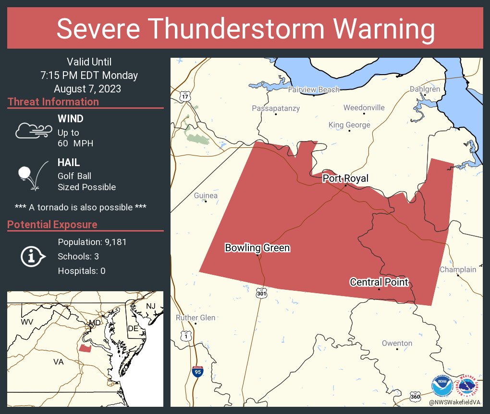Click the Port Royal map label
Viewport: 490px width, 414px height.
click(x=345, y=179)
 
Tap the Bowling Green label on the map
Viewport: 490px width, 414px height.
click(x=257, y=248)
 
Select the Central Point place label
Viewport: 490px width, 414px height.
click(x=379, y=282)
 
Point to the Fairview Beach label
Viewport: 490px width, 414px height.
click(x=313, y=90)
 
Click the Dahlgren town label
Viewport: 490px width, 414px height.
click(x=425, y=89)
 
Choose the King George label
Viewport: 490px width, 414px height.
click(x=349, y=125)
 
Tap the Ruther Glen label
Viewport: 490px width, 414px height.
click(x=196, y=318)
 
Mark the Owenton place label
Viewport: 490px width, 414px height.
click(x=397, y=343)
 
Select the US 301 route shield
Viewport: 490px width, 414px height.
click(x=261, y=293)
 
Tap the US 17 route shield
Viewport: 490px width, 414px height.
click(x=185, y=96)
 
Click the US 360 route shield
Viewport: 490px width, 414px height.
click(x=416, y=396)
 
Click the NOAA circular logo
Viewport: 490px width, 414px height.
click(x=441, y=386)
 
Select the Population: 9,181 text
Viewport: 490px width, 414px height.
click(x=92, y=242)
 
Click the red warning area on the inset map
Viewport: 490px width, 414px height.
click(x=85, y=348)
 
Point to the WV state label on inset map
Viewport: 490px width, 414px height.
click(x=27, y=321)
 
